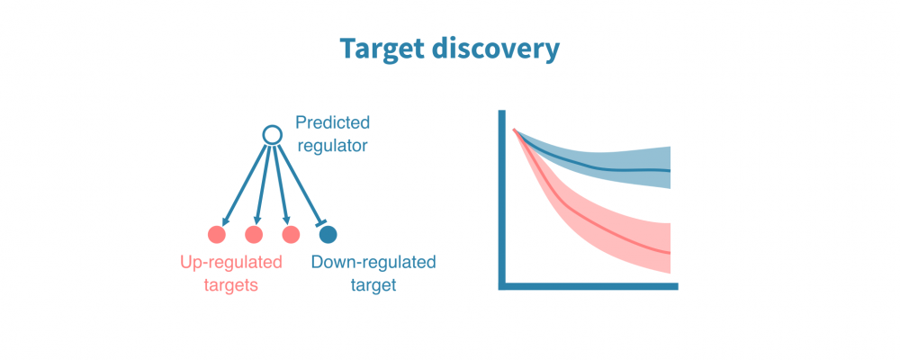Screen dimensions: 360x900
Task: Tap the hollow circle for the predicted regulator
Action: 272,135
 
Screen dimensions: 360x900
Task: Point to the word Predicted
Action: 332,122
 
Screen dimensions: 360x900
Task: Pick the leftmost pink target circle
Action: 216,235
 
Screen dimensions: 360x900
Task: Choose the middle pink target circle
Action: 254,235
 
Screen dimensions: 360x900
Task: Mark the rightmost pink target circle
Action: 291,235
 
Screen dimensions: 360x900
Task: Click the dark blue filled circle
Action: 328,235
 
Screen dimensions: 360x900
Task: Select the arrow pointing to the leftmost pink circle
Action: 245,184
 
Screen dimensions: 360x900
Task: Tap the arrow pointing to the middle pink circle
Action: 263,184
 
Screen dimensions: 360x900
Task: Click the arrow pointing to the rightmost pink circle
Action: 280,184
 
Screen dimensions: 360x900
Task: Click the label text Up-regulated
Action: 229,263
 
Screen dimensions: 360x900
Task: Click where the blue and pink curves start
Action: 515,131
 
